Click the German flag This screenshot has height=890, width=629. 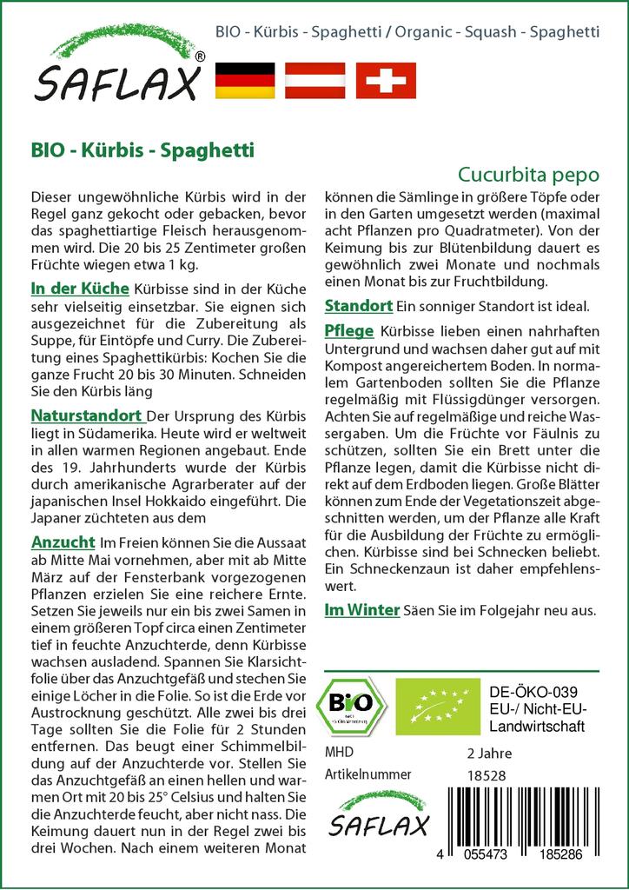point(244,80)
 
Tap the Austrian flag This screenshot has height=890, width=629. point(315,80)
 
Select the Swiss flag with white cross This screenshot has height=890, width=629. point(386,80)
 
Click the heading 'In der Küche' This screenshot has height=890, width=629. point(79,288)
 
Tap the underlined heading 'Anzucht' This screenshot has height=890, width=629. point(63,541)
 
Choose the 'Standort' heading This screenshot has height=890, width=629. point(358,306)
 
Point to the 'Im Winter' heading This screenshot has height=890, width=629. point(361,610)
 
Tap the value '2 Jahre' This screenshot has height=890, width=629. point(489,752)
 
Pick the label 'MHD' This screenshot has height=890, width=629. point(339,752)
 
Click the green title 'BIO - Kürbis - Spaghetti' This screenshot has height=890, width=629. point(142,149)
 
